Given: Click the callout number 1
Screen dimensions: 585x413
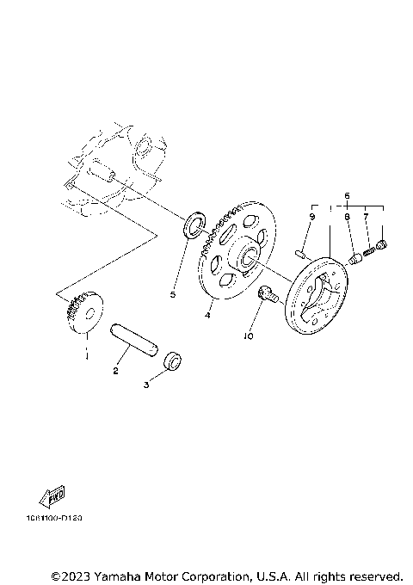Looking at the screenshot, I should coord(86,353).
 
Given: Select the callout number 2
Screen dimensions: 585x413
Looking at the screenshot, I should coord(115,371).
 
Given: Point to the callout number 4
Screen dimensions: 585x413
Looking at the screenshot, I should coord(207,316).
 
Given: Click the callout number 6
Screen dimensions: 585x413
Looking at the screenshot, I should coord(348,196).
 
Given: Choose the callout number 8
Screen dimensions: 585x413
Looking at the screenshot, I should coord(348,219).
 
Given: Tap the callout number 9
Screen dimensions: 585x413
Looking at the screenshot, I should coord(311,219).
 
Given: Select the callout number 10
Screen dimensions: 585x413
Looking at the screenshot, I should coord(249,337).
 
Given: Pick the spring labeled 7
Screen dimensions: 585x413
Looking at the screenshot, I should coord(372,250).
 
